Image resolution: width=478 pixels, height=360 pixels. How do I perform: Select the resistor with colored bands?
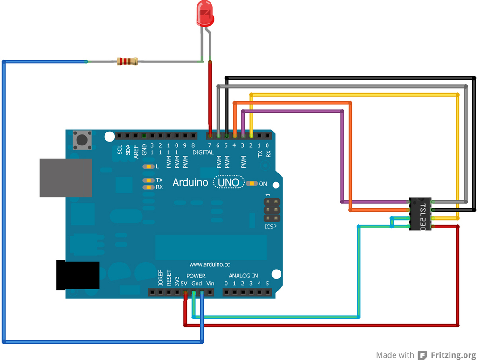(127, 61)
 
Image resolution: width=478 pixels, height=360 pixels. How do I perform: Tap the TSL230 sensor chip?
(421, 214)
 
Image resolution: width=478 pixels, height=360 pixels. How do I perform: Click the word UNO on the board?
(229, 182)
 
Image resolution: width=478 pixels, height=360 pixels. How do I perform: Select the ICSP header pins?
(272, 211)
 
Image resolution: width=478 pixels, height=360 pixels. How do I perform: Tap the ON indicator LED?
(252, 184)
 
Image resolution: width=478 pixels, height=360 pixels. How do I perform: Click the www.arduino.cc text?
(210, 264)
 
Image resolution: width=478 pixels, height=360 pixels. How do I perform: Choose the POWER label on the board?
(196, 276)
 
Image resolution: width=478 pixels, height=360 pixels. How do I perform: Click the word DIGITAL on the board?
(203, 152)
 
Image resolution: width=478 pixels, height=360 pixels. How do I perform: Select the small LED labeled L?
(148, 166)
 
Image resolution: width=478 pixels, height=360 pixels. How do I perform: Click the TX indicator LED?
(148, 180)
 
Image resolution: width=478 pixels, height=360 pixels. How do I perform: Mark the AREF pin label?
(136, 150)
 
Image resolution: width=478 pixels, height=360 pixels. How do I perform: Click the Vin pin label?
(210, 284)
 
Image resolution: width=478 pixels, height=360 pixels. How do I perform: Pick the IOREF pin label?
(161, 278)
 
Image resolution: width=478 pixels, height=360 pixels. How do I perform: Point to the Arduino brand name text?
(190, 182)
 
